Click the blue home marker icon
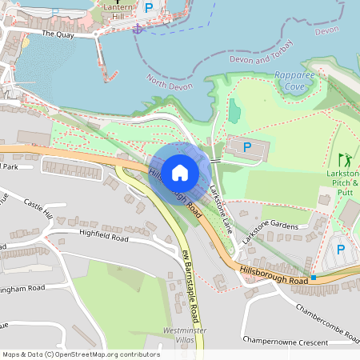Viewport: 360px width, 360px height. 180,171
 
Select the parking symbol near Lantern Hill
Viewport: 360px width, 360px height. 148,7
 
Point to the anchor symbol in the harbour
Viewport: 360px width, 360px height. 137,29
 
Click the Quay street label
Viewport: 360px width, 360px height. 58,34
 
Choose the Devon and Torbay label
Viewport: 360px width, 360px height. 262,59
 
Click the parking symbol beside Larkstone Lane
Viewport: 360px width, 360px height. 246,146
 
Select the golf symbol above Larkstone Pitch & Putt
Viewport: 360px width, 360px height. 345,159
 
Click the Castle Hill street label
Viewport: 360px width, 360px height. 38,210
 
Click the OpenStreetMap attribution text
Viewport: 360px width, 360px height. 81,354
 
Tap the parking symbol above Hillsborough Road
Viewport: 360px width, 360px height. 341,249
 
